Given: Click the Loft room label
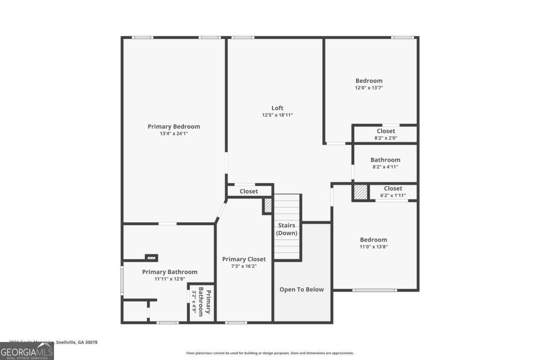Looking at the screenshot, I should [277, 108].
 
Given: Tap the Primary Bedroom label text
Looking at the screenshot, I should [174, 126].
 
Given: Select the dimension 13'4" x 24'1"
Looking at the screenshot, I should [174, 134].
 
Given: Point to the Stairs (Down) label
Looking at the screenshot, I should [287, 229].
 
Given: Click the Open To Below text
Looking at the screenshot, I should [301, 289].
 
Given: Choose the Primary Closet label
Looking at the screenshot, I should [244, 259].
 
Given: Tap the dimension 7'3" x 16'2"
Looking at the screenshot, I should [244, 266].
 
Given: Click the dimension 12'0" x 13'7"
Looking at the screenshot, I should [369, 88].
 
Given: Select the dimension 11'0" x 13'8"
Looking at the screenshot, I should [373, 247].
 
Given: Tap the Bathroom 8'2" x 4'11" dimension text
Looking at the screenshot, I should [385, 167].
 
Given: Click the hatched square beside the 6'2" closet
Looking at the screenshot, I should [360, 192].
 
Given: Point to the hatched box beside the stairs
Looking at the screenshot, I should [268, 206].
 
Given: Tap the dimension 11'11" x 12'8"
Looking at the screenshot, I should [170, 279].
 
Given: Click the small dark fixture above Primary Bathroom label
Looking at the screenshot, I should [151, 258].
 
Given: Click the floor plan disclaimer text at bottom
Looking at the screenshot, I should [270, 353].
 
